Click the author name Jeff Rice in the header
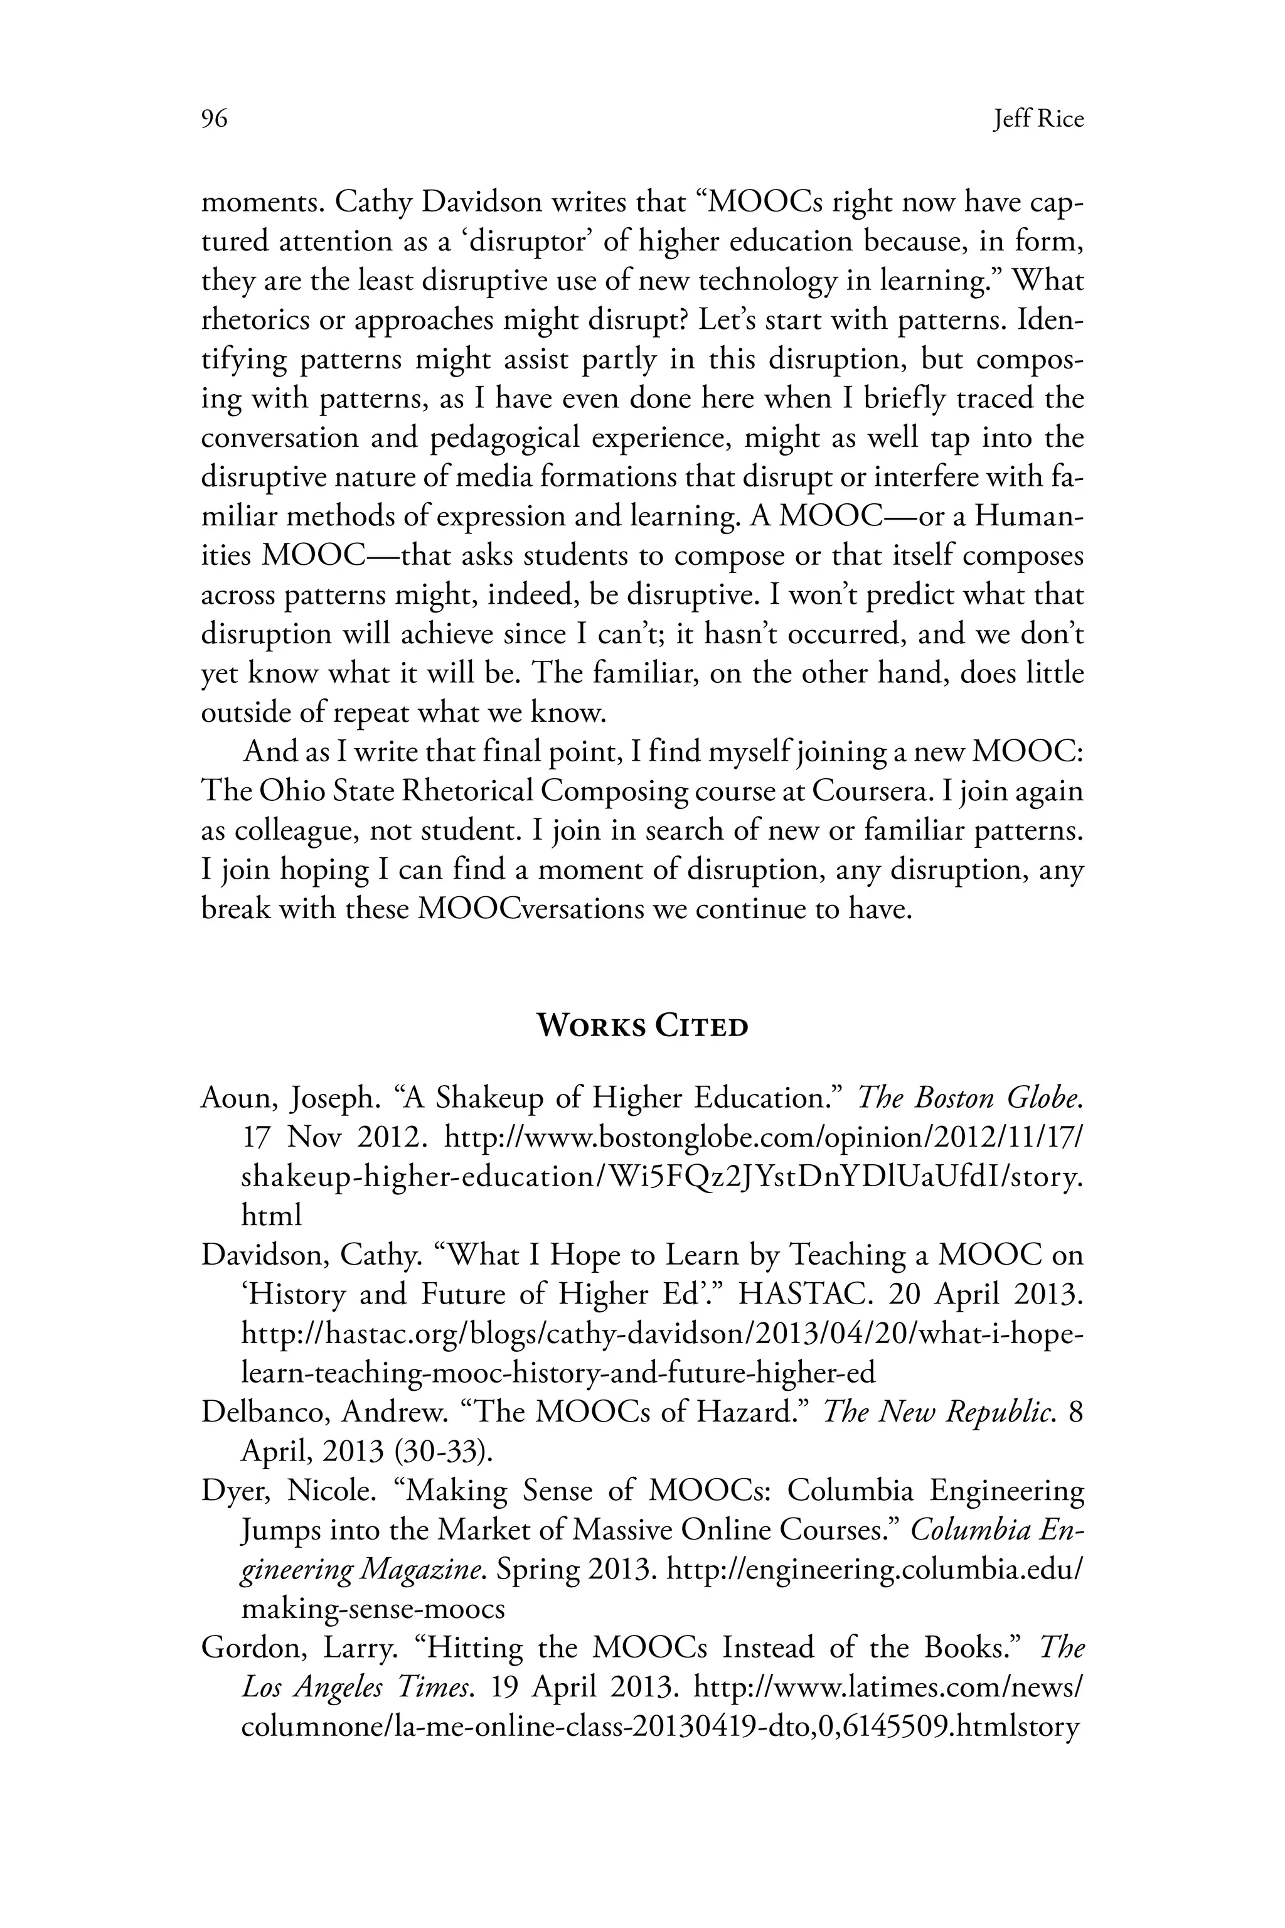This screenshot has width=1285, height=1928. (x=1038, y=120)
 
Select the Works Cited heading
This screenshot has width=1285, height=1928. (x=642, y=1026)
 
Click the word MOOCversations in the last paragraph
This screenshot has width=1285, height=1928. (x=530, y=909)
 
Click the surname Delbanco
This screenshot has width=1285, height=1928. (x=264, y=1412)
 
